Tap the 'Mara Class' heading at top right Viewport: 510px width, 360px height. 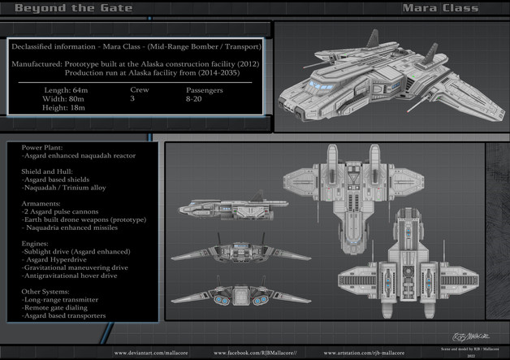[439, 8]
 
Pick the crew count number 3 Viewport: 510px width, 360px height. [132, 98]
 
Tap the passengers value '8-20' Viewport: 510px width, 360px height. [195, 98]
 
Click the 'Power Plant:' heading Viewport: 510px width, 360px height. [43, 147]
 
